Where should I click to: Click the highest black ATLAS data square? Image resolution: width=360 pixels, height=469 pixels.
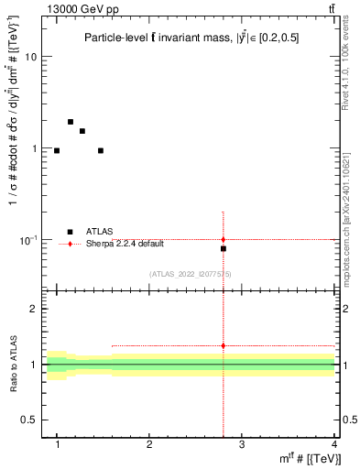70,122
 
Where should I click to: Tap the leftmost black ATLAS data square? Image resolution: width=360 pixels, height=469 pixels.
57,150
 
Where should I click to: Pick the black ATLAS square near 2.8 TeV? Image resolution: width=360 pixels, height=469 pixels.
224,248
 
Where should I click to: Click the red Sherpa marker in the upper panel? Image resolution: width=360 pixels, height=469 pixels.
224,240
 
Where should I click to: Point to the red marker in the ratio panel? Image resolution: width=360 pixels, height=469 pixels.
224,345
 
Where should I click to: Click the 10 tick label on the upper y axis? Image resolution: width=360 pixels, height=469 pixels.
30,57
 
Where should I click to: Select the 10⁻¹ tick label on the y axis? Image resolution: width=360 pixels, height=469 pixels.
27,239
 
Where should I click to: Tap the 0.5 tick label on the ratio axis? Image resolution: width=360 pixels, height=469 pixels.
28,420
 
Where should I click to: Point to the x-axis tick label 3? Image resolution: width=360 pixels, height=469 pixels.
241,444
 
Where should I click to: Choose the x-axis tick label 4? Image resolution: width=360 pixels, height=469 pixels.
333,444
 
